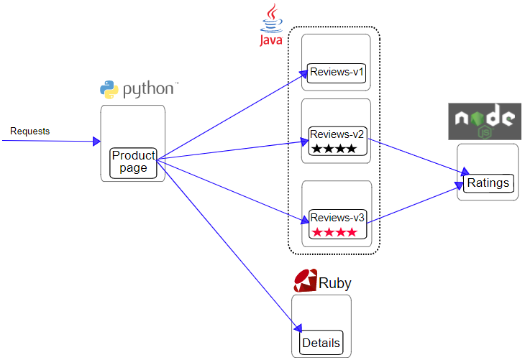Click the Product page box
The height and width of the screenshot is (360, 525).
[x=133, y=163]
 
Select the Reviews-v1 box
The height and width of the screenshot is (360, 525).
[x=337, y=73]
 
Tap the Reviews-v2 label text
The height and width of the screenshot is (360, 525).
[x=337, y=134]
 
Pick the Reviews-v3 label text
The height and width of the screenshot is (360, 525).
[x=337, y=218]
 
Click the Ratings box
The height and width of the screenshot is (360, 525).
[x=488, y=183]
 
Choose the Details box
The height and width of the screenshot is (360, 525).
[x=321, y=343]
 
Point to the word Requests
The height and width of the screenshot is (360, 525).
[x=29, y=131]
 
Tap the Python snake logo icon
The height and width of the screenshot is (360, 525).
[x=109, y=89]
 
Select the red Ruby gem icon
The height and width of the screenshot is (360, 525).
[x=306, y=280]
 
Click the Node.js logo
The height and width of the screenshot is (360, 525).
[x=485, y=121]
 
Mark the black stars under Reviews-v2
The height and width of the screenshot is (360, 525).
[x=334, y=148]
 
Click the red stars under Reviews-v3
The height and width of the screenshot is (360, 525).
[x=334, y=232]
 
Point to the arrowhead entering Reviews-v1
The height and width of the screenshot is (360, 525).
[x=303, y=73]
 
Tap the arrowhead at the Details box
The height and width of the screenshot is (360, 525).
[x=298, y=328]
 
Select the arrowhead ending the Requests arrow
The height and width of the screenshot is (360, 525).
[x=96, y=141]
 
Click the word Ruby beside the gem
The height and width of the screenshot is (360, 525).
[x=335, y=283]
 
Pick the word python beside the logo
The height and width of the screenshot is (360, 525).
[x=148, y=89]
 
